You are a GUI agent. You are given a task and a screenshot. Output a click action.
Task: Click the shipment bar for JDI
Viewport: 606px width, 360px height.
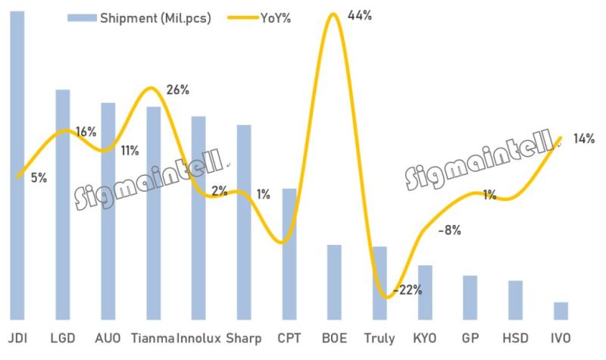(x=17, y=167)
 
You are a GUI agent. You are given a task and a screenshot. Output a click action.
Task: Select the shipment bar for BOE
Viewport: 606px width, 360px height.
(x=334, y=282)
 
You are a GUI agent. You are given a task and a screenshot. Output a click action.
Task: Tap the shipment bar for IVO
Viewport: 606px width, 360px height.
(x=561, y=311)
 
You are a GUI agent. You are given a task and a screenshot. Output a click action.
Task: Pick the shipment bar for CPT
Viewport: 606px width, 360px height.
(x=289, y=254)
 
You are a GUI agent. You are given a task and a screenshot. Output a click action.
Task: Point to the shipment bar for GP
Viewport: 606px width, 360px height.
(x=470, y=297)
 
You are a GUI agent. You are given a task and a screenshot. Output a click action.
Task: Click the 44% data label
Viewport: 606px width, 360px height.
(x=359, y=14)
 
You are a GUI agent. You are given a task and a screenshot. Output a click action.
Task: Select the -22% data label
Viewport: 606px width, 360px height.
(x=408, y=290)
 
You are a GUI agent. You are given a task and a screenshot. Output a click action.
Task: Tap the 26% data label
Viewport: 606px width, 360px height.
(x=177, y=89)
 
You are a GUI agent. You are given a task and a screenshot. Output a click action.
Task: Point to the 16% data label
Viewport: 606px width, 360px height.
(x=85, y=132)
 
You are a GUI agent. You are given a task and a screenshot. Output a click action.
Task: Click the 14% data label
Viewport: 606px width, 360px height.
(x=583, y=139)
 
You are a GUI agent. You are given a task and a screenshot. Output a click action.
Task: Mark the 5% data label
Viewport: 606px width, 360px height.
(x=39, y=178)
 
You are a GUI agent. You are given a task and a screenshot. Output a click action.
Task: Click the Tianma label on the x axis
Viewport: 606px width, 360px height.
(x=153, y=338)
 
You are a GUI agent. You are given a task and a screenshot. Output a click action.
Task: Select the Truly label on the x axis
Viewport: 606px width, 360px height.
(x=379, y=338)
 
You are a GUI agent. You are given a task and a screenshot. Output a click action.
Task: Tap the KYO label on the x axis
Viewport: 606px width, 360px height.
(x=425, y=338)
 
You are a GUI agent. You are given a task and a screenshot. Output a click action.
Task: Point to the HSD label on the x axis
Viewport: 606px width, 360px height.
(x=515, y=338)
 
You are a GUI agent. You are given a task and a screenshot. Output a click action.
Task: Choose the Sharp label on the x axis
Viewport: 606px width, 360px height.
(x=244, y=338)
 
